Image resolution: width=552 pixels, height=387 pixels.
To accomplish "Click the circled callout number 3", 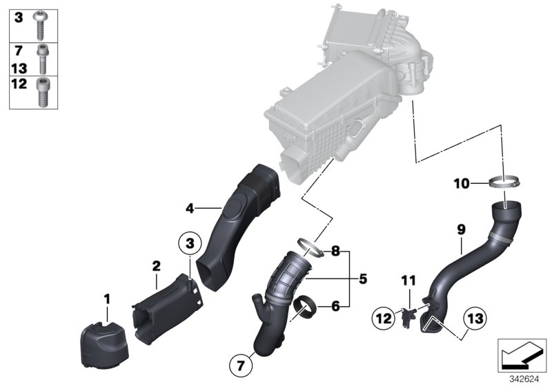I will [x=190, y=243].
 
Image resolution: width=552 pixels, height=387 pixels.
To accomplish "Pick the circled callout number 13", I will [x=475, y=319].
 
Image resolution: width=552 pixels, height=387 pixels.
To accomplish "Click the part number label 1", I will [x=107, y=299].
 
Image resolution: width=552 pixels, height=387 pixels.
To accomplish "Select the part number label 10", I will [x=461, y=183].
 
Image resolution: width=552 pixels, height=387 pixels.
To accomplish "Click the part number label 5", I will [x=362, y=279].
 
